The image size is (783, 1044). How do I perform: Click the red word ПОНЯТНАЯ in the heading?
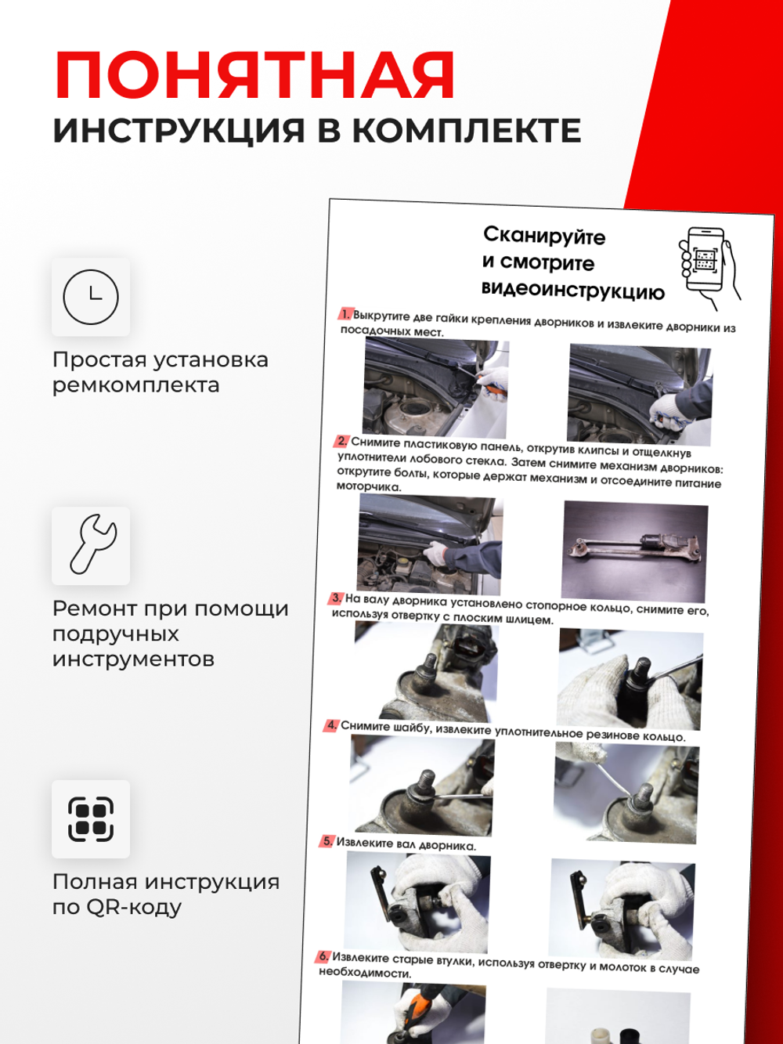(x=254, y=76)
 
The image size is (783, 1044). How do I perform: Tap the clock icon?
(x=91, y=297)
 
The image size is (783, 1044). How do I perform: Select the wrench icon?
(x=91, y=545)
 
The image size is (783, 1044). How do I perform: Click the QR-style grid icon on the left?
(x=91, y=819)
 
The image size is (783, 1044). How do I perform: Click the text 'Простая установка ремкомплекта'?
(x=160, y=372)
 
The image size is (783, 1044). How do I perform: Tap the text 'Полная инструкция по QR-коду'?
(x=165, y=894)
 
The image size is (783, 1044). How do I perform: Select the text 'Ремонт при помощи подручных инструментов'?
(x=170, y=633)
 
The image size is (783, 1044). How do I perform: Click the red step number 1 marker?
(x=345, y=314)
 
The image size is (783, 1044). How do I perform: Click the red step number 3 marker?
(x=336, y=598)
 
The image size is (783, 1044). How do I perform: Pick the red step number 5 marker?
(x=327, y=841)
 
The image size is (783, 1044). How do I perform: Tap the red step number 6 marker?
(x=323, y=956)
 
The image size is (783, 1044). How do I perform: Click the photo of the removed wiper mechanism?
(x=634, y=551)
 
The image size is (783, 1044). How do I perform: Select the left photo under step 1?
(x=435, y=388)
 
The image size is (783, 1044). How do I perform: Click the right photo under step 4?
(x=626, y=794)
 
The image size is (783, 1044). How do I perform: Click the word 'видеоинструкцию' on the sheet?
(x=572, y=291)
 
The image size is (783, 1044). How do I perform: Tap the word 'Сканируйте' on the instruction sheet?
(x=544, y=235)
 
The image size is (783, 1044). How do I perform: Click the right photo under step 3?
(x=630, y=679)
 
